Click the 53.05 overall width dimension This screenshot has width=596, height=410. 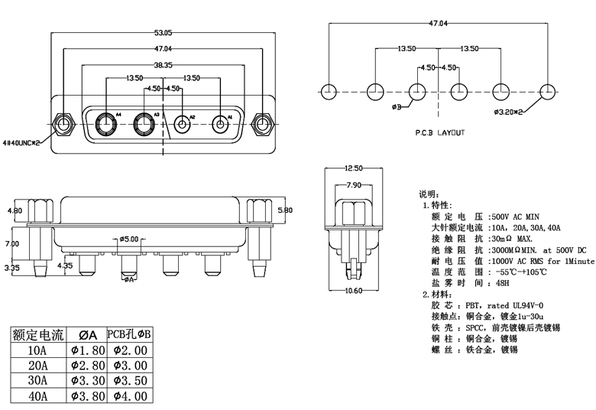click(x=163, y=33)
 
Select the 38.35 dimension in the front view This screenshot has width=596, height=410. click(x=163, y=65)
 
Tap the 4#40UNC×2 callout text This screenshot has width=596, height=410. click(x=21, y=143)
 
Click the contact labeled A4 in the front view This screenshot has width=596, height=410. click(x=106, y=124)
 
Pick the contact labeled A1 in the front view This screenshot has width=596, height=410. click(x=220, y=125)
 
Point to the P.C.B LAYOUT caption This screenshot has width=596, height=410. click(x=440, y=133)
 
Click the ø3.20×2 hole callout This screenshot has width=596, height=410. click(x=509, y=112)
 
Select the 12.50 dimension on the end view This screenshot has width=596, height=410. click(x=354, y=168)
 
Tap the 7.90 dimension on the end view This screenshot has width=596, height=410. click(x=354, y=185)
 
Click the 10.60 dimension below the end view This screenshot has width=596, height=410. click(x=354, y=291)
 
